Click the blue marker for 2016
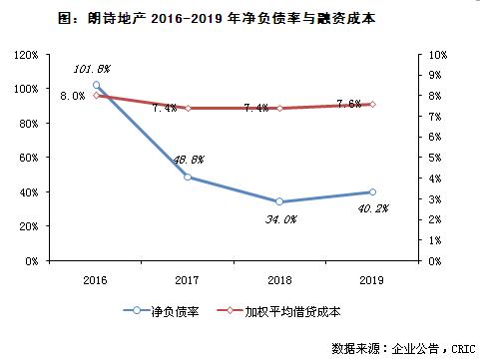(97, 86)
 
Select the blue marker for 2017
(188, 177)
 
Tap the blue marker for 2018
(279, 201)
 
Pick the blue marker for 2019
(371, 191)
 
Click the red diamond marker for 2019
(371, 104)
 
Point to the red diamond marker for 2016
(97, 96)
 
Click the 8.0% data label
(72, 96)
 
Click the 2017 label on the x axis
(188, 280)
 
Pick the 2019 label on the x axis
(371, 280)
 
